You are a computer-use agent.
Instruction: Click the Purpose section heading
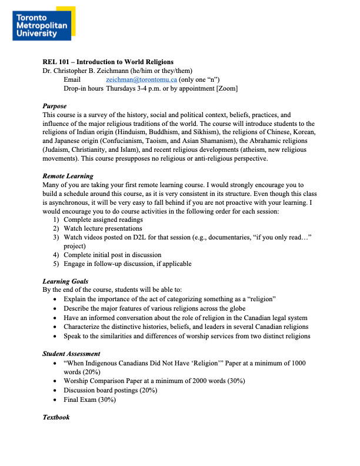(x=56, y=105)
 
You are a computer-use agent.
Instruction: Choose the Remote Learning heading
(x=68, y=176)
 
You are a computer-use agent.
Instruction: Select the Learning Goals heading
(x=65, y=281)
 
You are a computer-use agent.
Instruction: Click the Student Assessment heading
(x=71, y=354)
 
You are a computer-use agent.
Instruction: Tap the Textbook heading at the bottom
(x=56, y=417)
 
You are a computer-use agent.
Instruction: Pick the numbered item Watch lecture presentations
(x=103, y=228)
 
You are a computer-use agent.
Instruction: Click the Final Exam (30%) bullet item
(x=89, y=400)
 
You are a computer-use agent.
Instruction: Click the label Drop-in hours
(x=84, y=88)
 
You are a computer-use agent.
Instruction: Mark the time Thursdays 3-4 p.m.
(x=136, y=88)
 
